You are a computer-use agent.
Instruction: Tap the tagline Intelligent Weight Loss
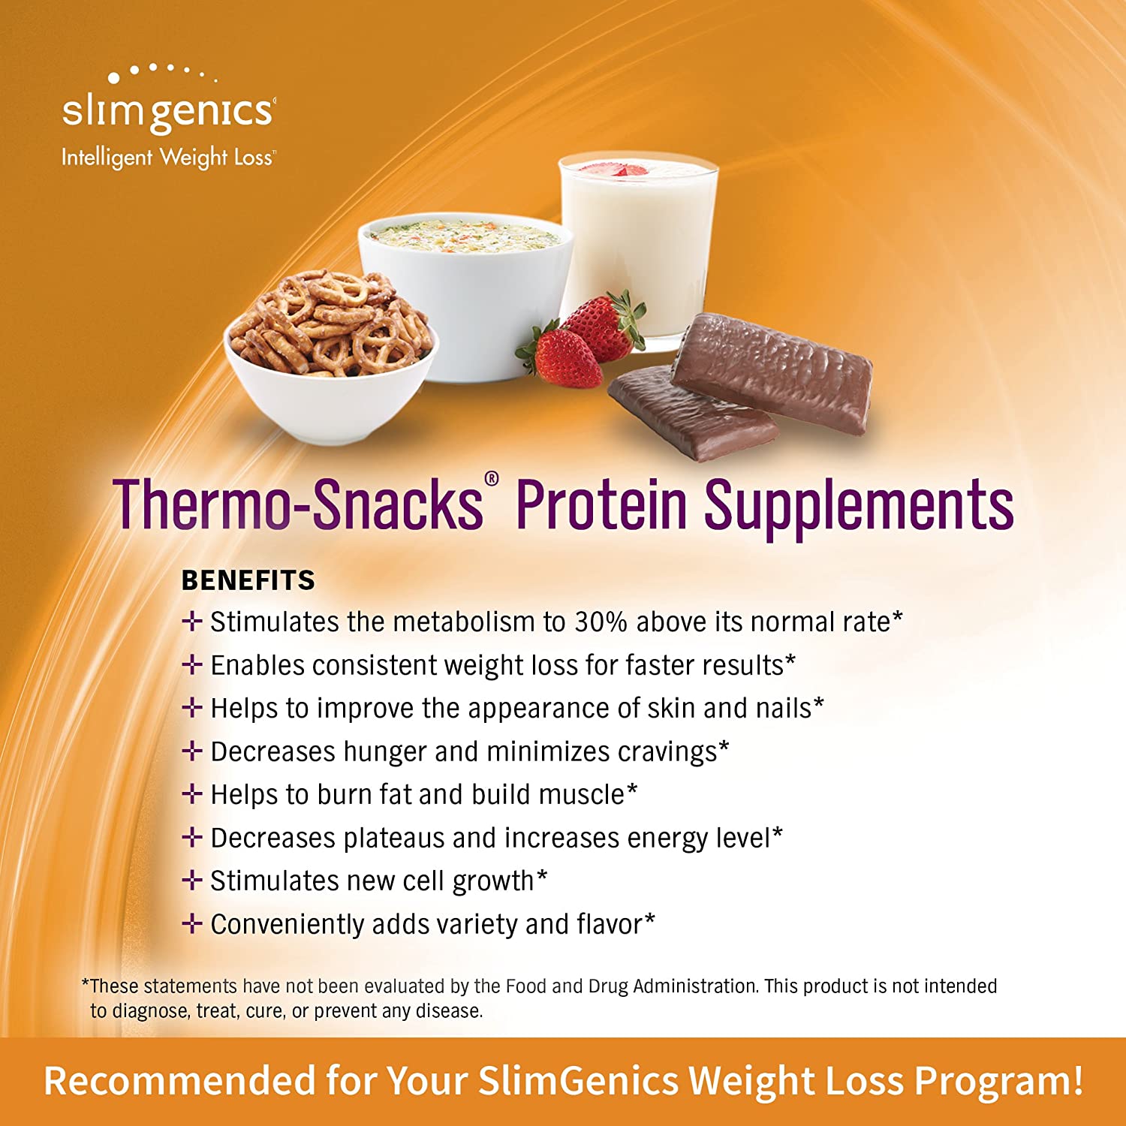(x=168, y=158)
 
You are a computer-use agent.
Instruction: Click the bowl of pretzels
(x=330, y=353)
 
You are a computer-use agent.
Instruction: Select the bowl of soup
(x=465, y=293)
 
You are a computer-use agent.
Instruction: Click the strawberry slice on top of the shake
(x=624, y=170)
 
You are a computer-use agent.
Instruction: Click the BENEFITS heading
(x=248, y=580)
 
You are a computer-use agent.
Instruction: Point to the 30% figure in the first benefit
(x=601, y=622)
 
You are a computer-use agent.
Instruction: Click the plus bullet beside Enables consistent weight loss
(x=192, y=664)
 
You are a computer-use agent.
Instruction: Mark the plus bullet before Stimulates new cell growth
(x=192, y=880)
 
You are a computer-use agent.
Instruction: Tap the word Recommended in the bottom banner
(x=179, y=1081)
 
